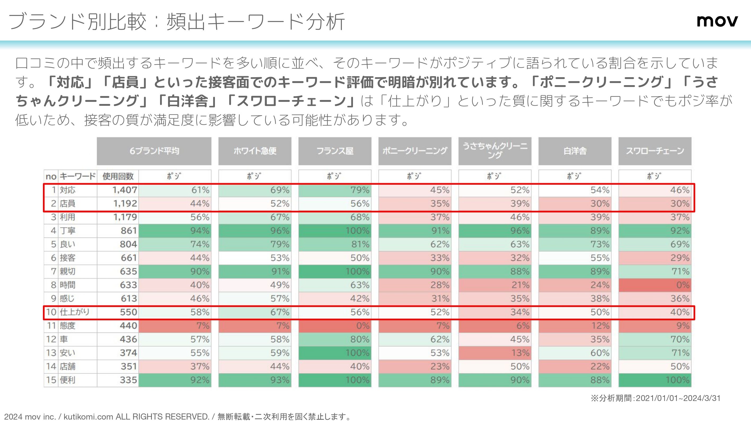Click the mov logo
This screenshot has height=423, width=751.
point(717,21)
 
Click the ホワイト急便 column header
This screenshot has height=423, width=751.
point(255,151)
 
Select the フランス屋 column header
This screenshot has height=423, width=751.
point(335,151)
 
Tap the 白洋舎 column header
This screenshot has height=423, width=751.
point(575,151)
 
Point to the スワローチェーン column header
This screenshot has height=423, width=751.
point(655,151)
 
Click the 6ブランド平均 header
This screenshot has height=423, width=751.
point(154,151)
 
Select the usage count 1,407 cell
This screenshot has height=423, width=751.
point(125,190)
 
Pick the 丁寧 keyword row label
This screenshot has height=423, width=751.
point(68,231)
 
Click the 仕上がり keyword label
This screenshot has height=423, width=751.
point(74,312)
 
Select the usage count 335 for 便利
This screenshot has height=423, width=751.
point(128,380)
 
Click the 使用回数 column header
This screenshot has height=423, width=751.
point(118,176)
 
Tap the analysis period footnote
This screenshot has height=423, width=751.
point(655,398)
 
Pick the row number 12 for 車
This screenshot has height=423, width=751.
point(51,339)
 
